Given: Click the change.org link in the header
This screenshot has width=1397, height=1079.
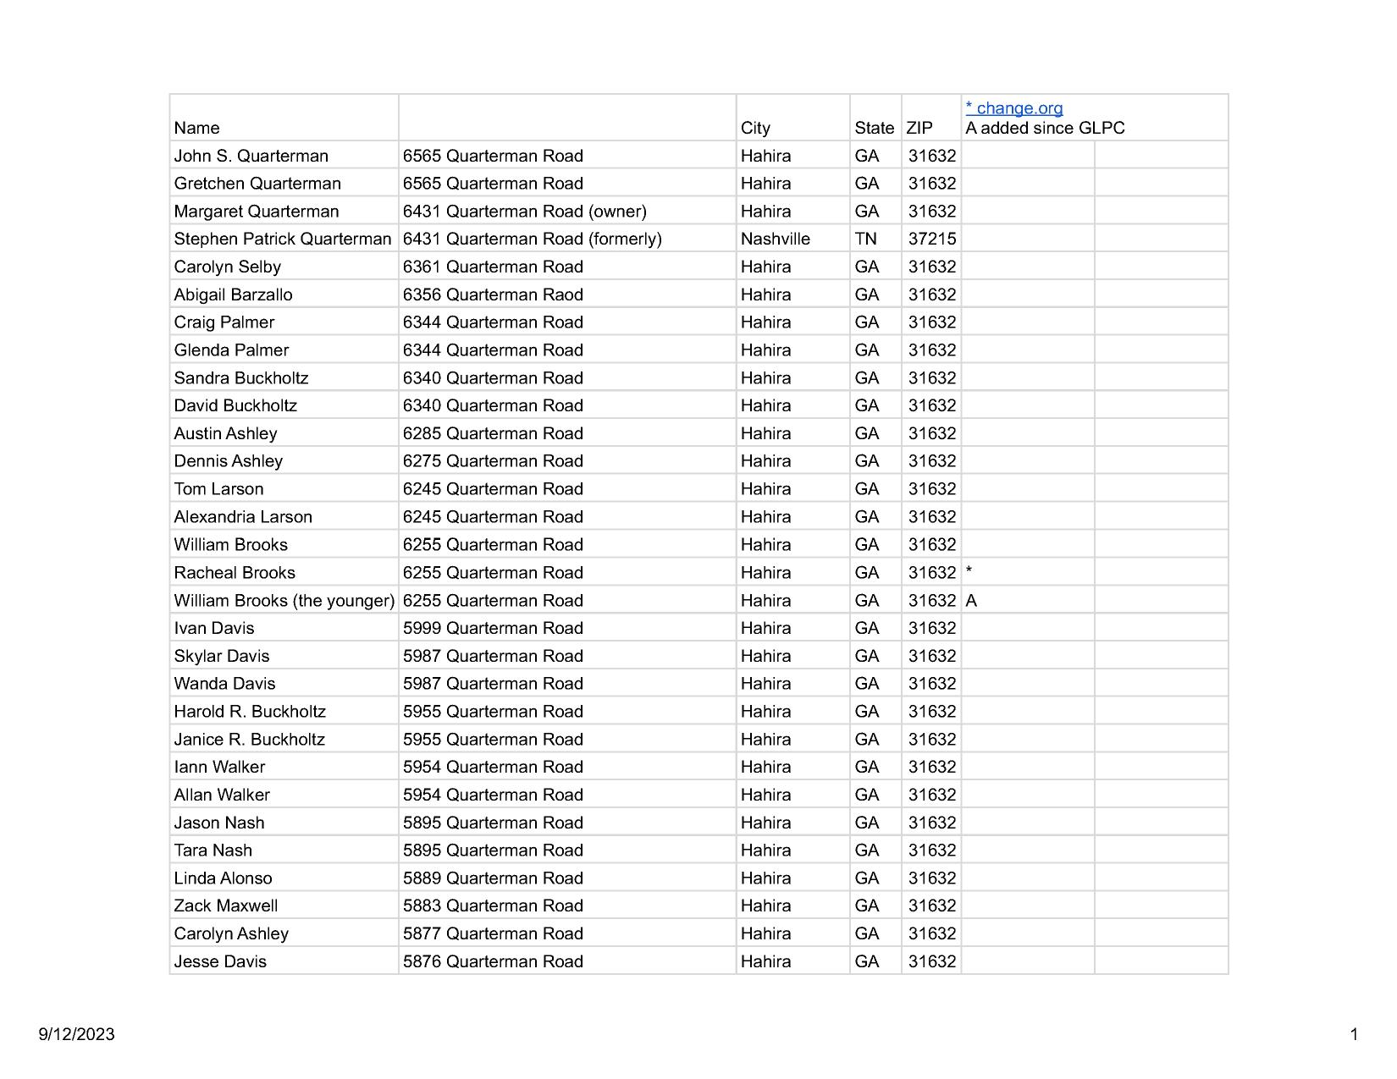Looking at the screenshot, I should tap(1014, 108).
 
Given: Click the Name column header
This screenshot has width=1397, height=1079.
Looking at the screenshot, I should tap(196, 128).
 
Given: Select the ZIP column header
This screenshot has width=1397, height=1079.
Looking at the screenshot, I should tap(919, 128).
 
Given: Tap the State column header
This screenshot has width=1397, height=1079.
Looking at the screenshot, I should tap(874, 128).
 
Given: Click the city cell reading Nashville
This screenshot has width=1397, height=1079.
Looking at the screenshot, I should tap(775, 239).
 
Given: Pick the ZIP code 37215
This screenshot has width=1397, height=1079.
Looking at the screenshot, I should tap(931, 239).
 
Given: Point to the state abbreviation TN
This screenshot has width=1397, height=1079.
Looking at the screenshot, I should tap(865, 239).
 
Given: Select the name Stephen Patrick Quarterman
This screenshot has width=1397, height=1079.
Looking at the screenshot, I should tap(282, 239).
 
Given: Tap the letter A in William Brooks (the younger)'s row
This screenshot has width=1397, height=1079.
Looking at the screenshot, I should tap(971, 601).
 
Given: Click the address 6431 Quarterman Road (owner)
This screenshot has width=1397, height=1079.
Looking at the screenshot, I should tap(524, 212).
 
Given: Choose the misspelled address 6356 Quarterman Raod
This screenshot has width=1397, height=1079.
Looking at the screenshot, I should tap(493, 295).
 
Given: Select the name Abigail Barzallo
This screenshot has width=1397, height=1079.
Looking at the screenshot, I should tap(233, 295).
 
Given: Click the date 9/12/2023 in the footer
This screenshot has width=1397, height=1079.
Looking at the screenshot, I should tap(76, 1034).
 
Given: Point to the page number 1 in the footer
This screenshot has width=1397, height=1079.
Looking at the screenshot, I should tap(1354, 1034).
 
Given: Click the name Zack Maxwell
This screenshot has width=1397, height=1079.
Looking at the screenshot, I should tap(225, 906).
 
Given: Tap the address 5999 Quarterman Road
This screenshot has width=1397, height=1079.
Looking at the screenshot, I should tap(493, 628).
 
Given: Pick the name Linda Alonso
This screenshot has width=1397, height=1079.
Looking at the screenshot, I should tap(223, 878).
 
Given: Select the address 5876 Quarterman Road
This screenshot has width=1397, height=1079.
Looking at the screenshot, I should tap(493, 961).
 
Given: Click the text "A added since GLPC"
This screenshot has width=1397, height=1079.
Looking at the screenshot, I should tap(1045, 128).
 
